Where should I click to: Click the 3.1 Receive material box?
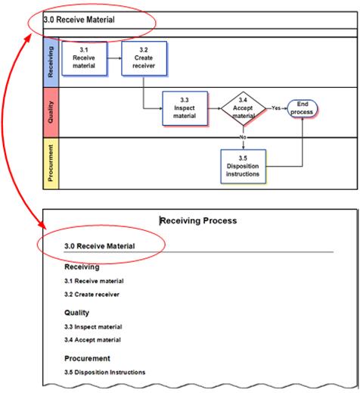coord(85,58)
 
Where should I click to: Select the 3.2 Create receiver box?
coord(144,58)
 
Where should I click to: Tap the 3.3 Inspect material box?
coord(185,108)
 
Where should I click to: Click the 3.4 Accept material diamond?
coord(244,108)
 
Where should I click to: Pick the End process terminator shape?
coord(303,108)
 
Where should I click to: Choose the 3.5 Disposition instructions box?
coord(244,167)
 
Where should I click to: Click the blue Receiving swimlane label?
coord(51,62)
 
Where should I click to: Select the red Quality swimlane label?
coord(51,113)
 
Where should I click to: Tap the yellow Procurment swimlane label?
coord(51,164)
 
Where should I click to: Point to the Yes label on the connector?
coord(276,108)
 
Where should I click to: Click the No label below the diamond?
coord(243,137)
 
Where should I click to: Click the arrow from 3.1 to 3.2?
coord(114,58)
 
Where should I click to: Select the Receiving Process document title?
coord(198,221)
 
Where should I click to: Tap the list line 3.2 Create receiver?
coord(92,295)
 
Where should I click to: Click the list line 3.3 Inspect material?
coord(93,327)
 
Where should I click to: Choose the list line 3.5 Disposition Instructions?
coord(105,373)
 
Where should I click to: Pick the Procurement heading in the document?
coord(87,358)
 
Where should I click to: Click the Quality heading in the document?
coord(76,313)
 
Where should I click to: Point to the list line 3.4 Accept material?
coord(92,340)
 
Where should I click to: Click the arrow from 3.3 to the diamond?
coord(215,108)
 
